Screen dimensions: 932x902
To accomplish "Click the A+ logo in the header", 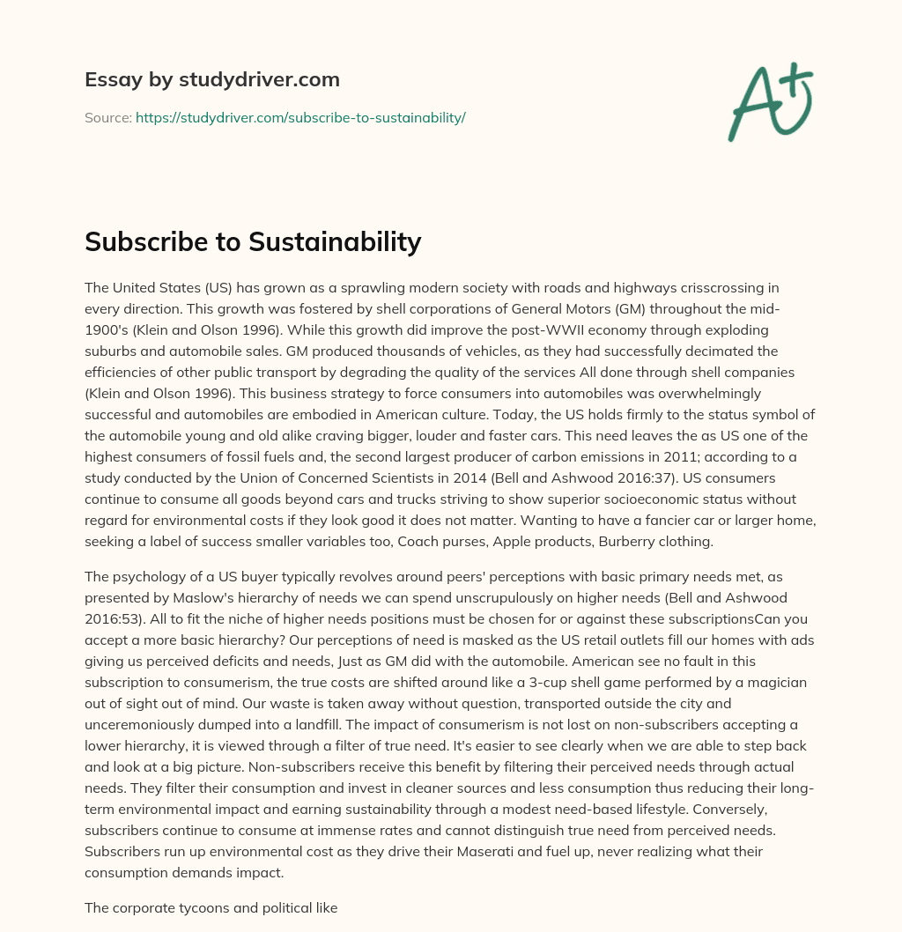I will tap(769, 101).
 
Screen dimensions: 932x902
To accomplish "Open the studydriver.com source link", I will tap(300, 117).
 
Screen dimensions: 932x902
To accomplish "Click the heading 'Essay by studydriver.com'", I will tap(211, 79).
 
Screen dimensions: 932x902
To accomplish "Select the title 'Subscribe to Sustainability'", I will tap(253, 241).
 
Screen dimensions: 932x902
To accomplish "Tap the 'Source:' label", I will tap(107, 117).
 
